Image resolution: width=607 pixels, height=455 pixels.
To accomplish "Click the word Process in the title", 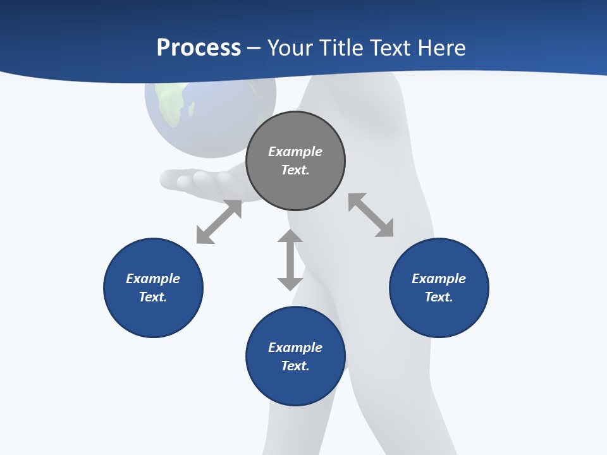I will click(199, 48).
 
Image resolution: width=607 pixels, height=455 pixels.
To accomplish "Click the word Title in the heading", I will click(341, 48).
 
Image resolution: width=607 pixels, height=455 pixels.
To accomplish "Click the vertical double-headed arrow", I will click(290, 260).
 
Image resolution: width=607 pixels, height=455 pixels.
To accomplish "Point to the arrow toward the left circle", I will click(219, 222).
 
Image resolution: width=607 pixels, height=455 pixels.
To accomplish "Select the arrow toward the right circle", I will click(371, 215).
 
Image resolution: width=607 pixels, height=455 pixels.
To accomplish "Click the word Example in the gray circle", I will click(295, 152).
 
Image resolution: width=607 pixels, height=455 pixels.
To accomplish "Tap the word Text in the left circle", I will click(153, 297).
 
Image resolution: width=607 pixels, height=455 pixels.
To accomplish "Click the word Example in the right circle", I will click(439, 279).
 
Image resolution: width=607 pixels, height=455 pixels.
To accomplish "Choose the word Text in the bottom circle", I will click(295, 366).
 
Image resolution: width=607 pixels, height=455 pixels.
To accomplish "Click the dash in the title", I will click(254, 48).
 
